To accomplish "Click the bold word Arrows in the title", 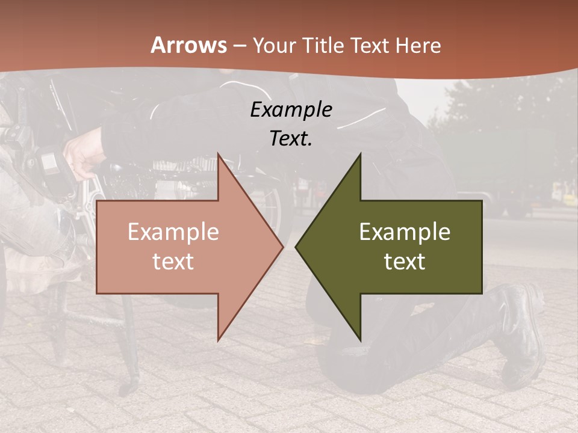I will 188,45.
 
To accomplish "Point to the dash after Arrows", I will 239,46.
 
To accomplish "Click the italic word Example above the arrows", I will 291,109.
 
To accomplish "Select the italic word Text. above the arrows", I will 291,138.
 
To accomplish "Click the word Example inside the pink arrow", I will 173,232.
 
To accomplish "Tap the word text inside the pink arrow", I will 173,261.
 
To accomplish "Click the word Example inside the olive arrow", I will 405,232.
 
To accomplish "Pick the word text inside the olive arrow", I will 405,261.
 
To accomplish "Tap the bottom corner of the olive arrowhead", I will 359,339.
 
